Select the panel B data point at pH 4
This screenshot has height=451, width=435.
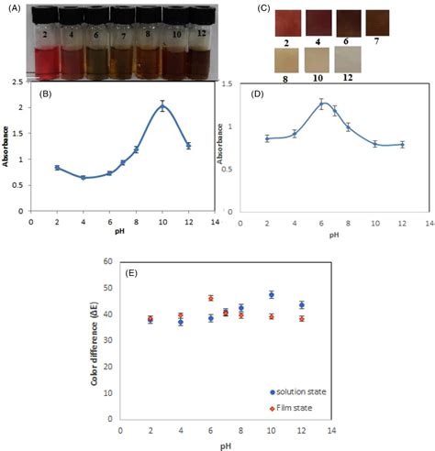tap(83, 177)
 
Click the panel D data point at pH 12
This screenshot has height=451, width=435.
tap(402, 144)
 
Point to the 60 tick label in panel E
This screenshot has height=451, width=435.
tap(107, 262)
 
